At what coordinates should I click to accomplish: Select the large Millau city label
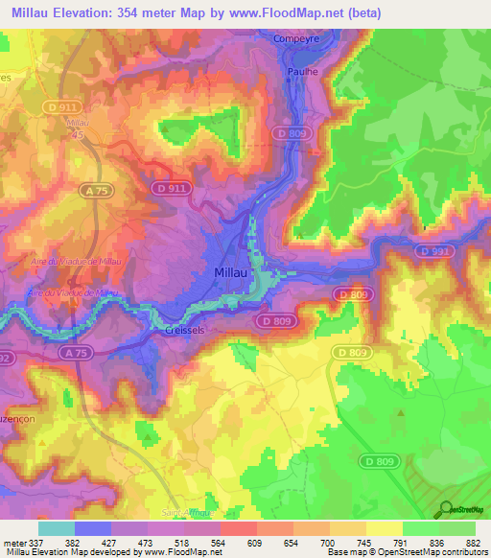(x=231, y=273)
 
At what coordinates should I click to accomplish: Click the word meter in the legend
(x=12, y=542)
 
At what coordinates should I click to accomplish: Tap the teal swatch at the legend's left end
(x=57, y=528)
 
